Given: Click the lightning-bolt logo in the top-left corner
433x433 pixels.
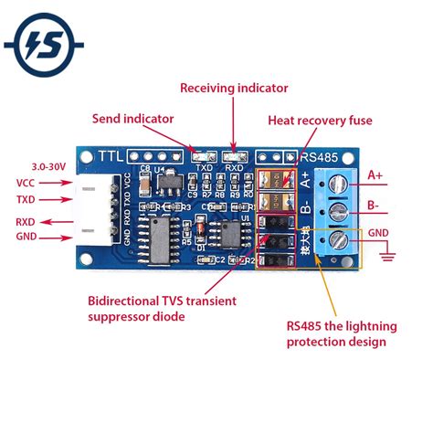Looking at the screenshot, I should tap(45, 45).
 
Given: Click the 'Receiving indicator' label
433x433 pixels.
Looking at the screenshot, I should tap(234, 89).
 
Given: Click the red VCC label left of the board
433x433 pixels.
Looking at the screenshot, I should tap(26, 183).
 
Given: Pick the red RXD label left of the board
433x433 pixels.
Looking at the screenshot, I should tap(26, 220).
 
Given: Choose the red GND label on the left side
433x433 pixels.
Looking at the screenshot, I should tap(26, 238).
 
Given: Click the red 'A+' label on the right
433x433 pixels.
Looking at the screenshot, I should tap(375, 174).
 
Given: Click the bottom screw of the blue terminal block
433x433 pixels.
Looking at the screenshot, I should tap(337, 241).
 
